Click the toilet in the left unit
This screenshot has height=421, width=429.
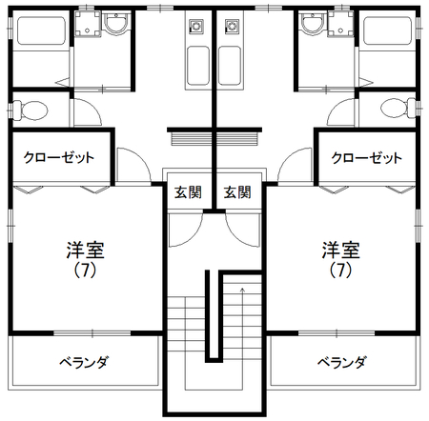[31, 110]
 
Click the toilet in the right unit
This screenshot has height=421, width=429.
[398, 108]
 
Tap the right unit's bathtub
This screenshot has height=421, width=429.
[387, 30]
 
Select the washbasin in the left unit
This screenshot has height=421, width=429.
[116, 22]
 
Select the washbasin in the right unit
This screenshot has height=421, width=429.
[313, 22]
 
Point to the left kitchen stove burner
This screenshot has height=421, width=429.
[196, 26]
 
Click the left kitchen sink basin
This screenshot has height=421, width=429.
[198, 66]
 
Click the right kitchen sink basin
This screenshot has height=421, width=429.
[230, 66]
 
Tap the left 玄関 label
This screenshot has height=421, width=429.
[188, 192]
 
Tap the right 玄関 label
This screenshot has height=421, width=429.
[237, 192]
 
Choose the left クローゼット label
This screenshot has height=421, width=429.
[59, 157]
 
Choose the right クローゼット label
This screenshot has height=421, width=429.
[366, 157]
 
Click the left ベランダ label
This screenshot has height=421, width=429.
[84, 362]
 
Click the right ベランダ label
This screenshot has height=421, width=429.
[342, 362]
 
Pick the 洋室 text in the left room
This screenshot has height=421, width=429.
[85, 251]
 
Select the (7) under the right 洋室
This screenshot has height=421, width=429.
[340, 271]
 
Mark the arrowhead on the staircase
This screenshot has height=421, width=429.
[242, 290]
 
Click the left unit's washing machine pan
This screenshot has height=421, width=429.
[88, 22]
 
